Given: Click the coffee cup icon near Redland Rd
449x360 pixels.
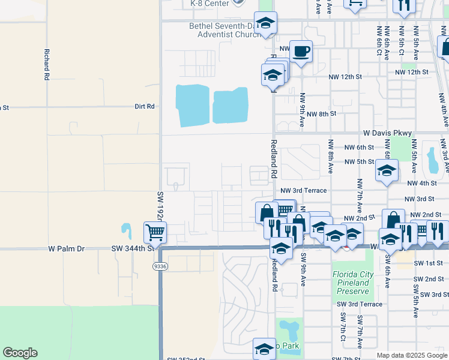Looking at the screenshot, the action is click(x=301, y=51).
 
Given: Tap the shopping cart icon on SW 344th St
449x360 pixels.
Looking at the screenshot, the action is click(x=155, y=232).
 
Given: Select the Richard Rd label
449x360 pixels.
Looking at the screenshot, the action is click(x=46, y=65).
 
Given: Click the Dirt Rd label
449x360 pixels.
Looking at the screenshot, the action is click(x=145, y=106).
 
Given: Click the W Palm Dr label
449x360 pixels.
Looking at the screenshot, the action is click(x=68, y=248).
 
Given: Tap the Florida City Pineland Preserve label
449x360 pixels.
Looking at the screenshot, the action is click(x=353, y=283).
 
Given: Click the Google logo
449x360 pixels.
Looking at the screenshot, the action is click(x=20, y=353).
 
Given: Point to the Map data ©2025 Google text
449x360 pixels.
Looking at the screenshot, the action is click(x=411, y=355).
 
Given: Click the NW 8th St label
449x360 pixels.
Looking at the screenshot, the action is click(x=324, y=113).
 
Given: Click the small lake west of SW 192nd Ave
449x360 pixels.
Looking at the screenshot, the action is click(x=126, y=229).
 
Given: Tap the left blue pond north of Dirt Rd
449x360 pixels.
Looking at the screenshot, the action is click(x=193, y=105).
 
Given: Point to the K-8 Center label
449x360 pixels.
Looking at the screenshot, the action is click(x=209, y=3).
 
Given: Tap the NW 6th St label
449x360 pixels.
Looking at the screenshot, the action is click(x=359, y=147).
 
